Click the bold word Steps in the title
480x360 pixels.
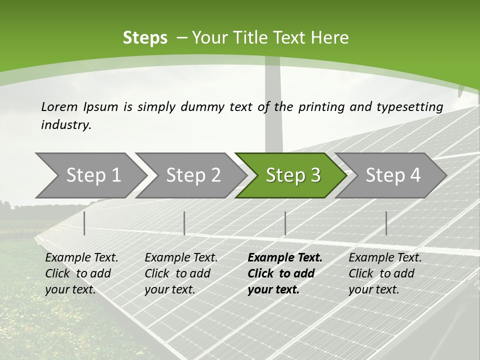pos(145,38)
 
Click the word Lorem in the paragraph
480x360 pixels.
pos(59,106)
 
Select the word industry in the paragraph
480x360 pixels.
pos(66,125)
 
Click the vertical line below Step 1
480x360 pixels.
pos(84,223)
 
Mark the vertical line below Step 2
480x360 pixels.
pos(184,223)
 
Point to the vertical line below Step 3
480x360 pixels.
pos(285,223)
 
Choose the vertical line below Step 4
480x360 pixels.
pos(386,223)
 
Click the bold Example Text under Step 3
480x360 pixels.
pos(285,257)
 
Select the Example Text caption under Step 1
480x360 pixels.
pos(81,257)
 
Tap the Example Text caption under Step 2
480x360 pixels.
pos(181,257)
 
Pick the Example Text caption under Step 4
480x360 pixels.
pos(385,257)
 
